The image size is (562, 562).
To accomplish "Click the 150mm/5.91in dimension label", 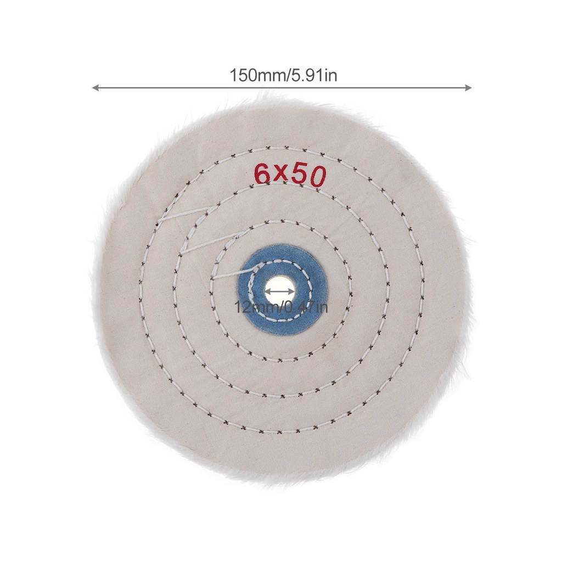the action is point(283,76).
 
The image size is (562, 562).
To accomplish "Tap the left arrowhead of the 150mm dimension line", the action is point(95,88).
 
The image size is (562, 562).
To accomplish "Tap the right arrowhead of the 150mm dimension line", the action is point(468,88).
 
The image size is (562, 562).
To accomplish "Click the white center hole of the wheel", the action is point(280,290).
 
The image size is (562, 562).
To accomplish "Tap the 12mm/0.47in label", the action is point(280,307).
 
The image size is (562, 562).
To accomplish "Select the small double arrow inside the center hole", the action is point(280,291).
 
